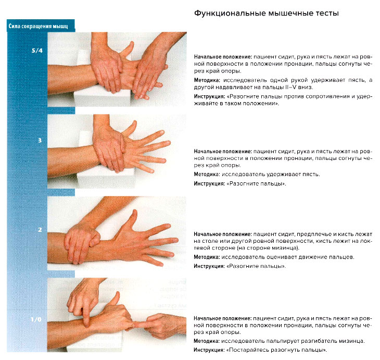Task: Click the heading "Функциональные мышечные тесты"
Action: [265, 13]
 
